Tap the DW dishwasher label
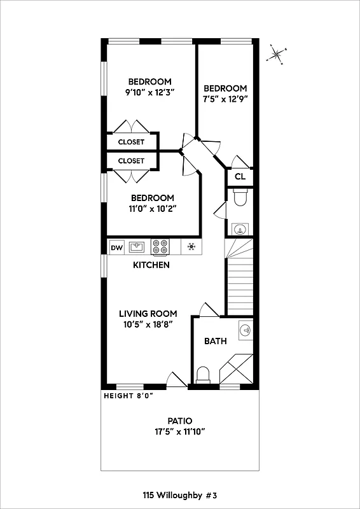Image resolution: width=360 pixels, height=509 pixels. click(x=116, y=247)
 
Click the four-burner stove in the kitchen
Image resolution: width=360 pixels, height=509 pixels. click(x=160, y=247)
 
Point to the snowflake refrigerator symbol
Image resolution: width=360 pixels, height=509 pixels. click(x=191, y=247)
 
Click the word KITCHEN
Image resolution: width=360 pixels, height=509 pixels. click(x=151, y=265)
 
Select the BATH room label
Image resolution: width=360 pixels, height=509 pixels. click(x=215, y=341)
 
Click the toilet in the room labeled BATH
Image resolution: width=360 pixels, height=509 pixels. click(x=204, y=374)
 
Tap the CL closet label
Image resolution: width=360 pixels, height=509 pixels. click(x=240, y=177)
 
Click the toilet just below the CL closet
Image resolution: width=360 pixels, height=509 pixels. click(x=240, y=198)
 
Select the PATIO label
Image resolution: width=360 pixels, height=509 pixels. click(x=180, y=421)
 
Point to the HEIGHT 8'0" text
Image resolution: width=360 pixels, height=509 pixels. click(x=128, y=395)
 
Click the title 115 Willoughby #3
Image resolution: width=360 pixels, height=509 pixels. click(x=180, y=494)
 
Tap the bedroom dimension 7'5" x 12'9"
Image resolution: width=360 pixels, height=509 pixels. click(x=225, y=99)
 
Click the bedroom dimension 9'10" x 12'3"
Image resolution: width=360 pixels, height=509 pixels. click(x=149, y=92)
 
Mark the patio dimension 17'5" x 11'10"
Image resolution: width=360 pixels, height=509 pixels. click(x=180, y=431)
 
